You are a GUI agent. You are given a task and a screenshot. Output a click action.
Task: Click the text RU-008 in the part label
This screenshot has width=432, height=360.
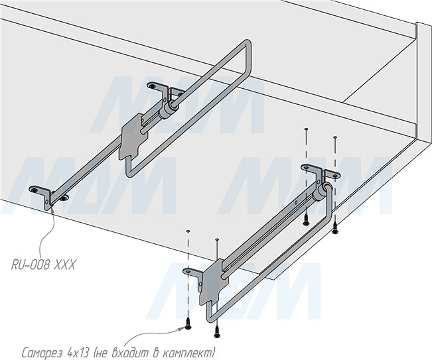31,265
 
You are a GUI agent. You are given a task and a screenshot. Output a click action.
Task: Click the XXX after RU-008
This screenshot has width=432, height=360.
64,265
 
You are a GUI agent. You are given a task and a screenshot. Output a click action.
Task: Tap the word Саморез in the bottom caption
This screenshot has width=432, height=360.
42,352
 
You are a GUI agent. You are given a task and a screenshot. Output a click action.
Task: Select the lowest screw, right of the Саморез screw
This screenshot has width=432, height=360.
217,331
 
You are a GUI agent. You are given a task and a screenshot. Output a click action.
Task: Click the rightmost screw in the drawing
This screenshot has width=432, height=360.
334,227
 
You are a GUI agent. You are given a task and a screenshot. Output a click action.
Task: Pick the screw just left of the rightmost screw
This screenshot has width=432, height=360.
305,219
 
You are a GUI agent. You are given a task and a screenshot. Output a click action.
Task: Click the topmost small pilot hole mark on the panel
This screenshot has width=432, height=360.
306,129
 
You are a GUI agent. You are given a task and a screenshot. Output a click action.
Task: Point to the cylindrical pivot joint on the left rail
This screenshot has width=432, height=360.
167,109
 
